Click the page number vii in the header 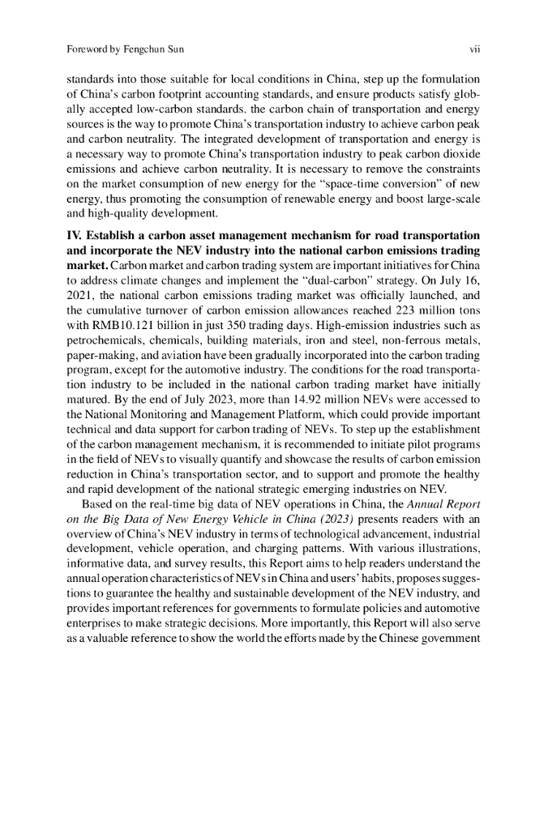pyautogui.click(x=476, y=50)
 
